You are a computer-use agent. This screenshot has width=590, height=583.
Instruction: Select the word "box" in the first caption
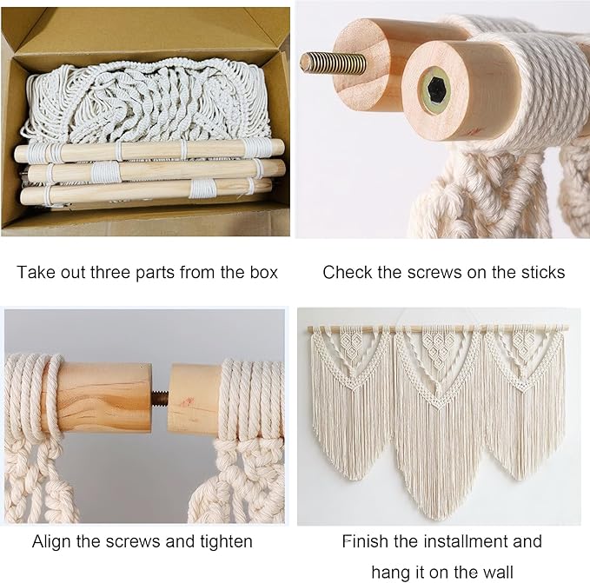click(x=262, y=272)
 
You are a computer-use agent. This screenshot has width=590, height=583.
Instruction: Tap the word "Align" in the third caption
click(x=52, y=541)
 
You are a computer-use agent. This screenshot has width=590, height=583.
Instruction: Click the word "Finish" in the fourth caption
click(x=365, y=541)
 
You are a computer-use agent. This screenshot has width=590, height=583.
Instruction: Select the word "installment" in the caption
click(x=473, y=541)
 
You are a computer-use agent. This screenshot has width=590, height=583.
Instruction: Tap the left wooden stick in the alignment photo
click(x=104, y=398)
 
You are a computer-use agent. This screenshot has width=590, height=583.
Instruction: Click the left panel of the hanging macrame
click(x=351, y=400)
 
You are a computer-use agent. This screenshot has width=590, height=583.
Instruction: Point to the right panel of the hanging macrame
click(x=526, y=400)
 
